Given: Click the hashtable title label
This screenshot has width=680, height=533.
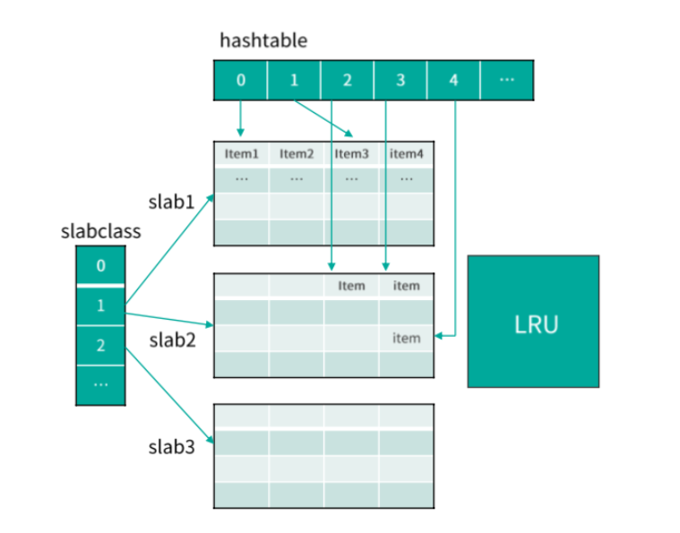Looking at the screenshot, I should [263, 41].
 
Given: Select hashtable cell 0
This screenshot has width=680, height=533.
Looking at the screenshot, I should [240, 81].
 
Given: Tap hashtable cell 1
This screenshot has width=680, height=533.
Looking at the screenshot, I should [294, 81].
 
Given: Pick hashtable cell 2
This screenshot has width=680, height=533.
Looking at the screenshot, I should [347, 81].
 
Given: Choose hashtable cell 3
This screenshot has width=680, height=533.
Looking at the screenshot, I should [400, 81].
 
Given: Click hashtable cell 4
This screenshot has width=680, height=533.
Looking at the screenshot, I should [453, 81].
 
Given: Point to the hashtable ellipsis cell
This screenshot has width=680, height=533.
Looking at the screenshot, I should [507, 81].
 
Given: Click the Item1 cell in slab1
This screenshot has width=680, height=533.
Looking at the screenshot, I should [241, 154].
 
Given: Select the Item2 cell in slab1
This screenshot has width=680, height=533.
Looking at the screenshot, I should [297, 154].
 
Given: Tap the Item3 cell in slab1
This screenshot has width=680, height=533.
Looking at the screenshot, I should [352, 154].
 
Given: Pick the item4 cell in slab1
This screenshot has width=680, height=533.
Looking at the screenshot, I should [407, 154].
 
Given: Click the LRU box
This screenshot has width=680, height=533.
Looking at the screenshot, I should [533, 322].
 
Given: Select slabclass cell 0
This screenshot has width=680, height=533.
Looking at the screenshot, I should [100, 266].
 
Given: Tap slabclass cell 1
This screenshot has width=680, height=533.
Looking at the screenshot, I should [100, 306].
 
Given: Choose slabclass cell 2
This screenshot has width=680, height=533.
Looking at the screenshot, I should [100, 346].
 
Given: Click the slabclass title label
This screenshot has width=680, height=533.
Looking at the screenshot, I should [100, 231].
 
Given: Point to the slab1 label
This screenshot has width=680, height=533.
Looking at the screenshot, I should [171, 202].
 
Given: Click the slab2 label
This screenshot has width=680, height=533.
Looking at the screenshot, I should [171, 340].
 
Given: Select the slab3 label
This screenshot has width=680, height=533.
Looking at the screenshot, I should [171, 447].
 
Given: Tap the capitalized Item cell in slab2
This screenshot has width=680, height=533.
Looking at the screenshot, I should [352, 286].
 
